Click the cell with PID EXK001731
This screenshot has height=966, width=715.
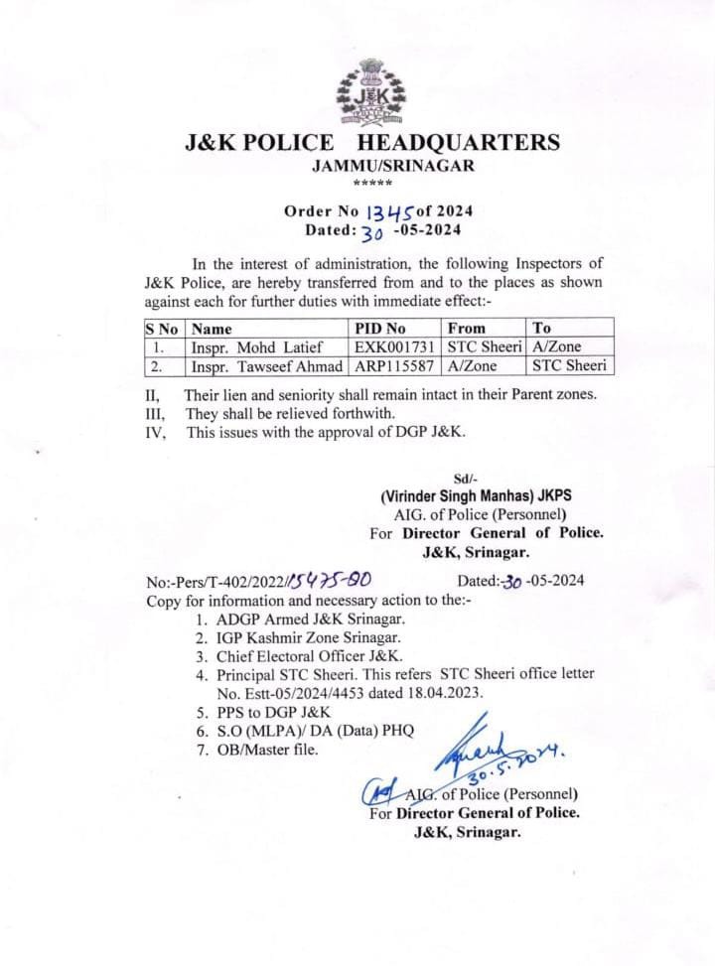click(x=395, y=346)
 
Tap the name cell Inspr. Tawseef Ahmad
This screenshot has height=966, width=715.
click(x=267, y=365)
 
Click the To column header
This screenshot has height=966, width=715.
click(x=542, y=328)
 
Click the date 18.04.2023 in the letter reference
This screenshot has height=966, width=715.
click(x=447, y=693)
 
